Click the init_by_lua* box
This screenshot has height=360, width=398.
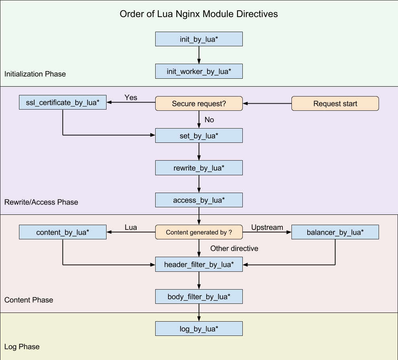coord(198,39)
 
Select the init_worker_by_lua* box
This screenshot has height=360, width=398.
coord(198,72)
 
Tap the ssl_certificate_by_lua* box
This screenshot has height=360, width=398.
coord(63,102)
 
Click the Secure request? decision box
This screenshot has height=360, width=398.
coord(198,104)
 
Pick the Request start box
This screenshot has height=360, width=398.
coord(335,104)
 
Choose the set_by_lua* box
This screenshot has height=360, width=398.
coord(198,136)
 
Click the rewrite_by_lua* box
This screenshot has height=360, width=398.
coord(198,168)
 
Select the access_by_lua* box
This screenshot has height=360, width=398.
coord(198,200)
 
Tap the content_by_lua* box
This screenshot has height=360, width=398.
coord(63,232)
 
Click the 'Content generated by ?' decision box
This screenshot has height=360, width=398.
coord(198,232)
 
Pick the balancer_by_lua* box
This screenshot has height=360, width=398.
coord(335,232)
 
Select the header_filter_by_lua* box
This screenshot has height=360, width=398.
coord(198,264)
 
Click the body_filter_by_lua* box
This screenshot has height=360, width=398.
coord(198,296)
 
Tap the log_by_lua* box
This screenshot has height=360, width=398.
coord(198,329)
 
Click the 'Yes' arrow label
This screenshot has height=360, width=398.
coord(131,97)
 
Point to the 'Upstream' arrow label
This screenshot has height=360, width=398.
coord(267,227)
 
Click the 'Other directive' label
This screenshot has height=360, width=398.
coord(234,248)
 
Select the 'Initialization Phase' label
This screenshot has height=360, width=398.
coord(35,74)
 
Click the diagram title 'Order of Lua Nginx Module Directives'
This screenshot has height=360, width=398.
coord(198,14)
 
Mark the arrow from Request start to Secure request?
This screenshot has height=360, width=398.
coord(267,104)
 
